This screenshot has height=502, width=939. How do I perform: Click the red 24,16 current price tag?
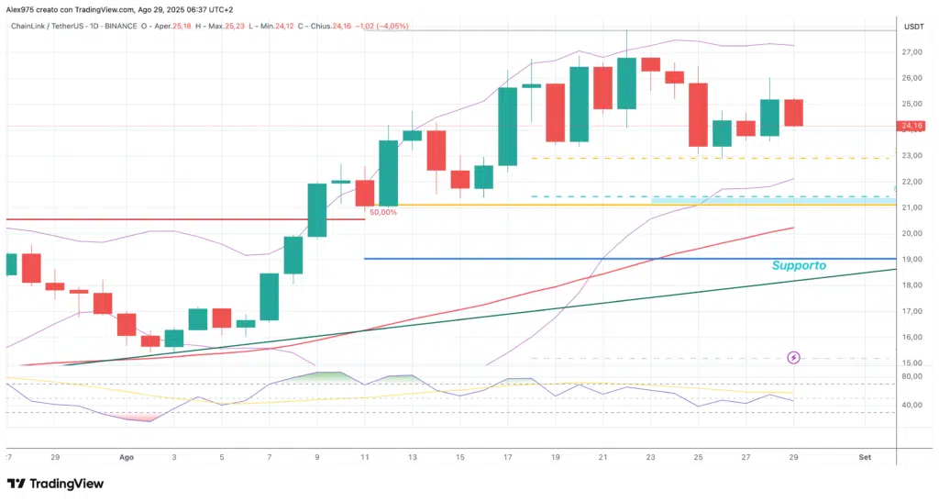[x=911, y=126]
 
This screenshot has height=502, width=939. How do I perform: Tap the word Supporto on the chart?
[x=798, y=265]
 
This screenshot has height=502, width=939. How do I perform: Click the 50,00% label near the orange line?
[x=382, y=212]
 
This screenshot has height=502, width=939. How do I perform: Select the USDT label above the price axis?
[x=912, y=27]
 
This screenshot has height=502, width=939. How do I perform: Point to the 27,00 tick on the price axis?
[x=911, y=52]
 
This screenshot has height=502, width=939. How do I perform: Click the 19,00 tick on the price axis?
[x=911, y=260]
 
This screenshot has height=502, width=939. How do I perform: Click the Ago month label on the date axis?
[x=127, y=456]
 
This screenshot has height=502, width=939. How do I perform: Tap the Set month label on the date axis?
[x=864, y=456]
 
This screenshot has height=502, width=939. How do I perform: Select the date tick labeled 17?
[x=507, y=456]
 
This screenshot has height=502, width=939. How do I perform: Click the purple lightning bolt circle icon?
[x=794, y=357]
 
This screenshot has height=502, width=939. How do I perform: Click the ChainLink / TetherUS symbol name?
[x=57, y=26]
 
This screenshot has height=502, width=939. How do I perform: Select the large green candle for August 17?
[x=507, y=127]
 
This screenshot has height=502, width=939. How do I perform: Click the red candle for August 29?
[x=793, y=112]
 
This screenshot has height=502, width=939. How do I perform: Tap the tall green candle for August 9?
[x=316, y=209]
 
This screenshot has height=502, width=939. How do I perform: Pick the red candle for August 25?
[x=698, y=115]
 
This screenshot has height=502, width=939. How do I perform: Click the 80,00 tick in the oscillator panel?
[x=911, y=376]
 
